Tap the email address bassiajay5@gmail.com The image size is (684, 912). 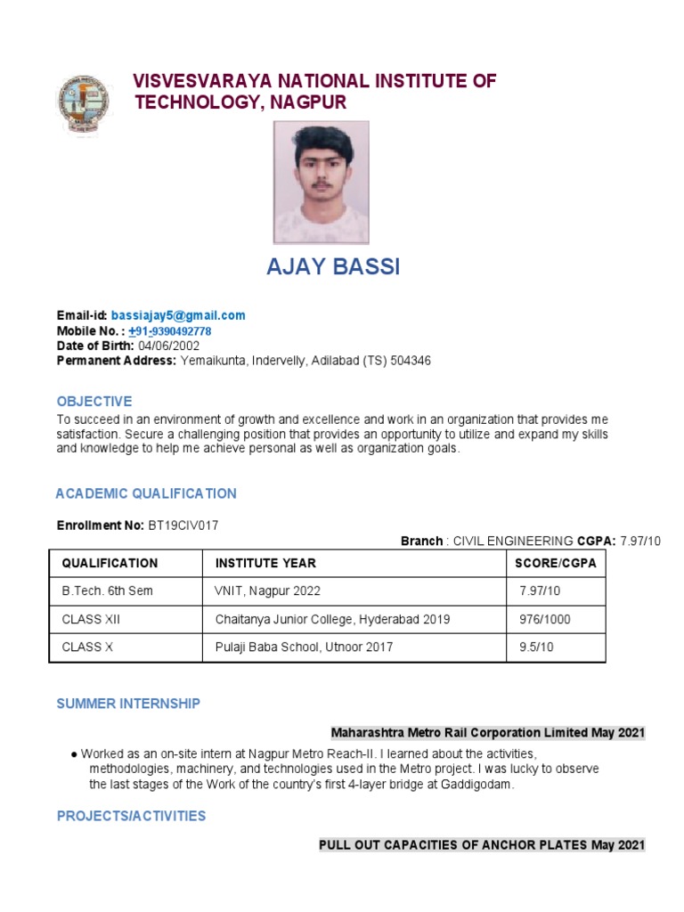pyautogui.click(x=178, y=316)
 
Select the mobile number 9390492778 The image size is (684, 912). pyautogui.click(x=182, y=331)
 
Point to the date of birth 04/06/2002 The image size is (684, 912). pyautogui.click(x=168, y=346)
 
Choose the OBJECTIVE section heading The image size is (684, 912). pyautogui.click(x=94, y=402)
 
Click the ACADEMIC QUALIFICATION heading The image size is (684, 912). pyautogui.click(x=146, y=493)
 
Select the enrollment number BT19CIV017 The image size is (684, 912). pyautogui.click(x=183, y=525)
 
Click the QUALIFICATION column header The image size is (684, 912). pyautogui.click(x=110, y=564)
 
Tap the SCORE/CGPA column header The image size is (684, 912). pyautogui.click(x=556, y=564)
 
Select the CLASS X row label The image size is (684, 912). pyautogui.click(x=87, y=647)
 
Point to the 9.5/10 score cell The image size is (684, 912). pyautogui.click(x=536, y=647)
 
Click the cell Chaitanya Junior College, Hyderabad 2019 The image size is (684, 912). pyautogui.click(x=332, y=620)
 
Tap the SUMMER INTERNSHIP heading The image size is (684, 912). pyautogui.click(x=128, y=704)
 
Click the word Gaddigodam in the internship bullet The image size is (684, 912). pyautogui.click(x=477, y=786)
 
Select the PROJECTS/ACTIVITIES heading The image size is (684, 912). pyautogui.click(x=131, y=816)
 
